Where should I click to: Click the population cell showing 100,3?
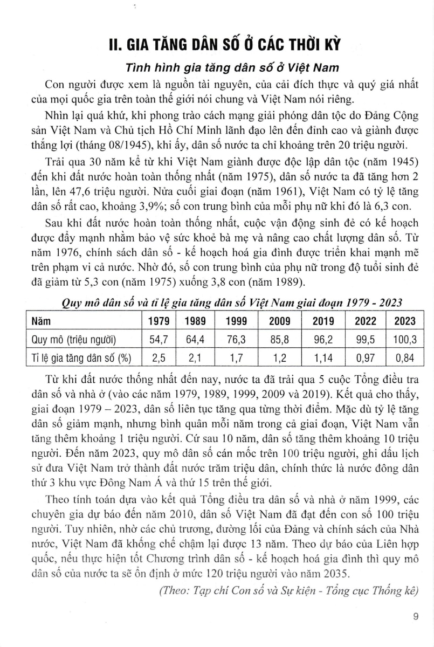click(x=404, y=339)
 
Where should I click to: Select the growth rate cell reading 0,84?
click(x=404, y=357)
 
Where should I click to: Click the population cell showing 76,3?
click(x=236, y=339)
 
